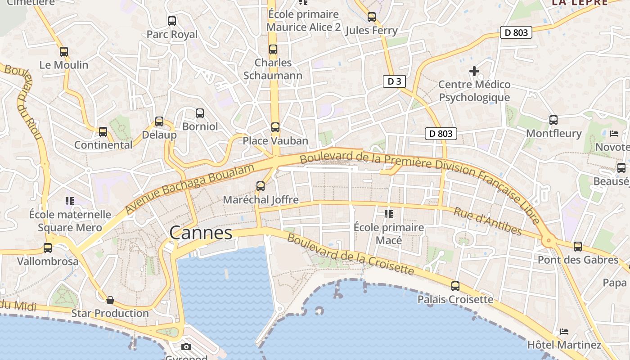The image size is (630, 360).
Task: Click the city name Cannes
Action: point(201,233)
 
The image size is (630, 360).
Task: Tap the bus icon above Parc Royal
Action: point(171,21)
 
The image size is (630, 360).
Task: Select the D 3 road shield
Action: point(394,81)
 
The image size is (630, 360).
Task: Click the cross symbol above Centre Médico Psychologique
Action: point(474,71)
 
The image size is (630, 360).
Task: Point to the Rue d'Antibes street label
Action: point(487,221)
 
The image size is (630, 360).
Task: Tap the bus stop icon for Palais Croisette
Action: point(455,286)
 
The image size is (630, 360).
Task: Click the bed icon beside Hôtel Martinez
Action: point(564,332)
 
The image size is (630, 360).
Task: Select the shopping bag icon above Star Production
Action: point(110,300)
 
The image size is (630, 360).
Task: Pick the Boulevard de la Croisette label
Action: point(350,254)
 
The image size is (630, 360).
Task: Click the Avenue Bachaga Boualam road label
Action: point(189,189)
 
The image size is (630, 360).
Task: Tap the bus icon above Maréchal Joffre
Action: point(260,186)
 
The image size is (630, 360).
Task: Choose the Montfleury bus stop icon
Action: point(553,120)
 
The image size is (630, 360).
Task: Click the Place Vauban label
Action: point(275,141)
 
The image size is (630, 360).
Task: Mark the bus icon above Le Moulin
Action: point(64,52)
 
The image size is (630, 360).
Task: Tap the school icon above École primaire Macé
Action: point(389,214)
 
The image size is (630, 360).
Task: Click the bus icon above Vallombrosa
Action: point(48,248)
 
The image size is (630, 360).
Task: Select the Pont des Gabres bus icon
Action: point(578,247)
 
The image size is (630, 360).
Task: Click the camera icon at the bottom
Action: point(186,346)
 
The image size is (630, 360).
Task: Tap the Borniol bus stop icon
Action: point(200,113)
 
